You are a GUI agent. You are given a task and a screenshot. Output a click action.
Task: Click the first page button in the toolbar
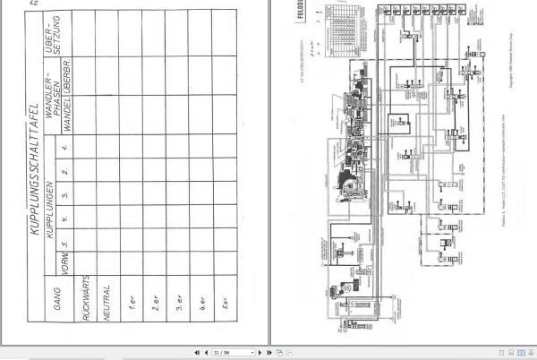coord(197,353)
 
